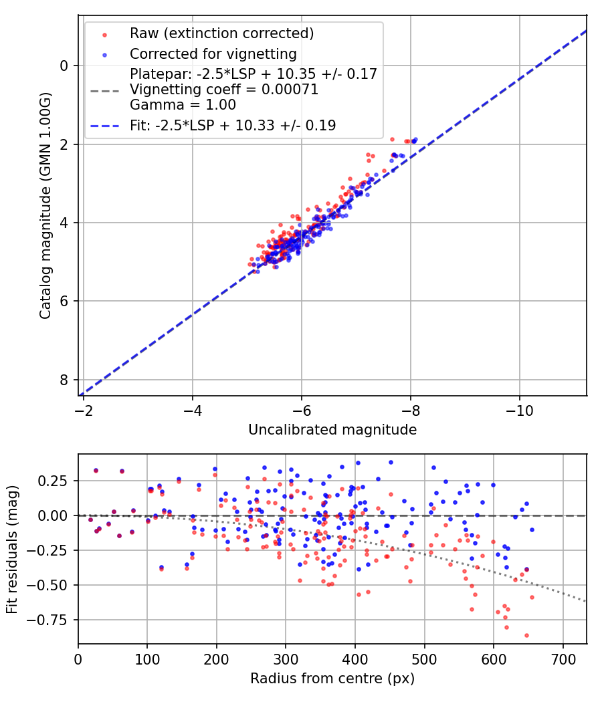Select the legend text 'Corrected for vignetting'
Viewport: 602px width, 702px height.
[x=213, y=53]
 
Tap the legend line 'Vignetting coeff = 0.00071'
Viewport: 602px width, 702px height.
[x=224, y=89]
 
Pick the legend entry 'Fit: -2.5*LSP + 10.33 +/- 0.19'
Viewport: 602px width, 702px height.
[x=232, y=125]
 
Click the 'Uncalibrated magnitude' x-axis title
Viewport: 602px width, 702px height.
[x=332, y=429]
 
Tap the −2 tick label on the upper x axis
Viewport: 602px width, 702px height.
[x=84, y=410]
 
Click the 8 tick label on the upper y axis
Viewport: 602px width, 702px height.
[x=64, y=380]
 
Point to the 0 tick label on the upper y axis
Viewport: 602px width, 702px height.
[x=64, y=66]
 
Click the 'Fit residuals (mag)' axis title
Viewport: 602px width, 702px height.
[x=12, y=548]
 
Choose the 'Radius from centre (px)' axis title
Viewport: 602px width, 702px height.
[x=332, y=679]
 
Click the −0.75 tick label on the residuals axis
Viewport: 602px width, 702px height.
[x=52, y=620]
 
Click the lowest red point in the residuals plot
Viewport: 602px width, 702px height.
[x=526, y=635]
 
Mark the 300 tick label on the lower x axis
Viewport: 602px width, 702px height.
[x=286, y=659]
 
